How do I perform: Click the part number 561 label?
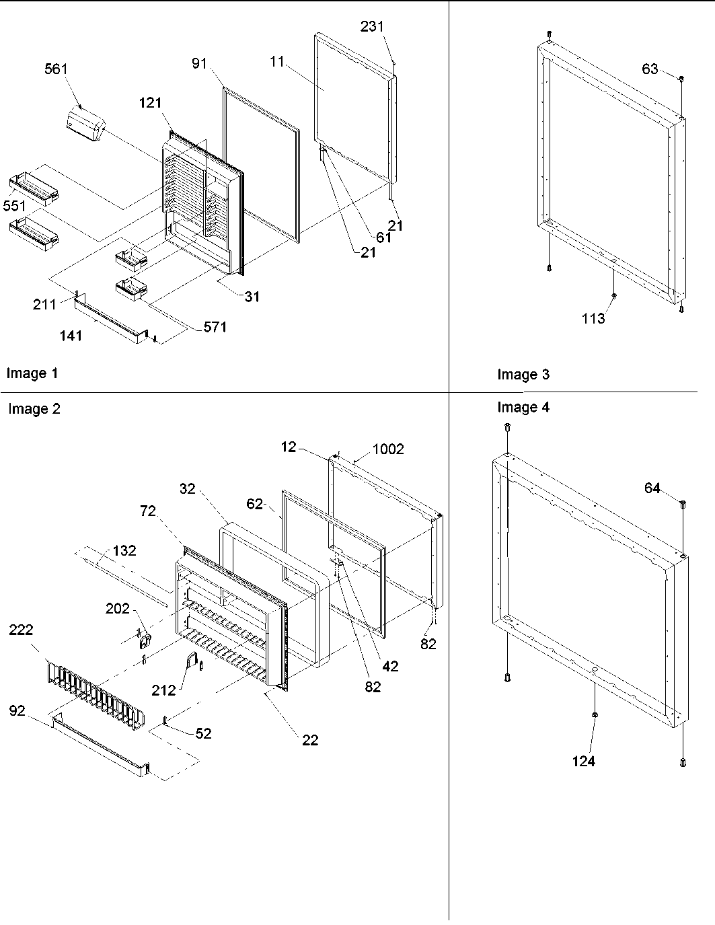click(x=56, y=69)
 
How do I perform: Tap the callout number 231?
click(x=371, y=27)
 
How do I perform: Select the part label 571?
click(x=215, y=328)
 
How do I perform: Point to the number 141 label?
click(x=71, y=335)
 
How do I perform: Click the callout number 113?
click(x=593, y=319)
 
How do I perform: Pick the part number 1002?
click(x=388, y=449)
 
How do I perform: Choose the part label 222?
click(x=20, y=630)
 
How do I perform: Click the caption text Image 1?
click(x=32, y=373)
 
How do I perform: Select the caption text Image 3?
click(x=523, y=375)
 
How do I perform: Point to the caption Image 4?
click(x=523, y=407)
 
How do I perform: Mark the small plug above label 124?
click(x=595, y=714)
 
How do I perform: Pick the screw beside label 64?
click(x=683, y=503)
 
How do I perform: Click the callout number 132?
click(x=124, y=550)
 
